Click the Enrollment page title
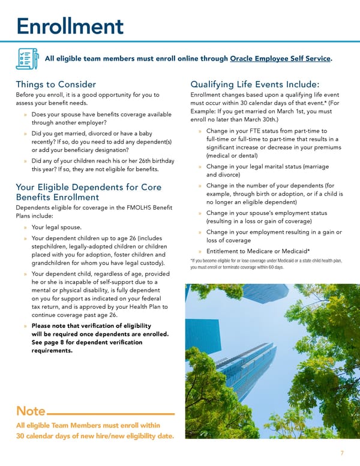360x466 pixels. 70,26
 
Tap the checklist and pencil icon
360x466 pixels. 27,58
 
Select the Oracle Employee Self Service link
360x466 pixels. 280,58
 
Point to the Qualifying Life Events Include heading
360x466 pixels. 254,85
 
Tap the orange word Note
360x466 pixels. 31,411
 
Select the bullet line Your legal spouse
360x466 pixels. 56,228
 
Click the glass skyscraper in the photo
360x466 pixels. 231,348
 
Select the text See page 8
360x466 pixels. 52,342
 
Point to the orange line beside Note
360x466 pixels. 111,414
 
